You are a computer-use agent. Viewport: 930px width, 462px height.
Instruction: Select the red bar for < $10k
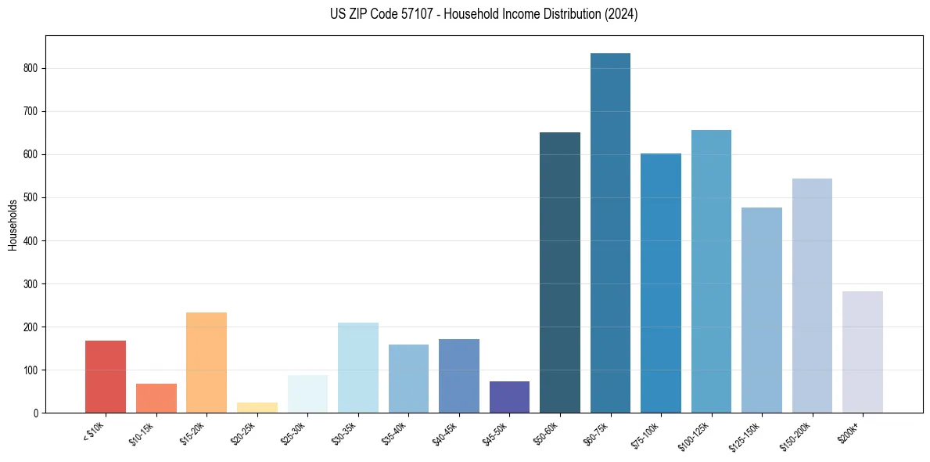point(106,377)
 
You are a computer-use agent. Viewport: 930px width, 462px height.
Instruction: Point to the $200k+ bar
point(863,352)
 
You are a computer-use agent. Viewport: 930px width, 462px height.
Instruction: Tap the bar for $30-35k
point(358,367)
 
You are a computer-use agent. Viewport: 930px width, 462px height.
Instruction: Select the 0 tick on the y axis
point(36,413)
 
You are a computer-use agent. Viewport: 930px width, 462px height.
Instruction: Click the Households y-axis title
point(13,225)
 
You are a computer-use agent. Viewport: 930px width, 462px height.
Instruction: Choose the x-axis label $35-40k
point(394,435)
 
